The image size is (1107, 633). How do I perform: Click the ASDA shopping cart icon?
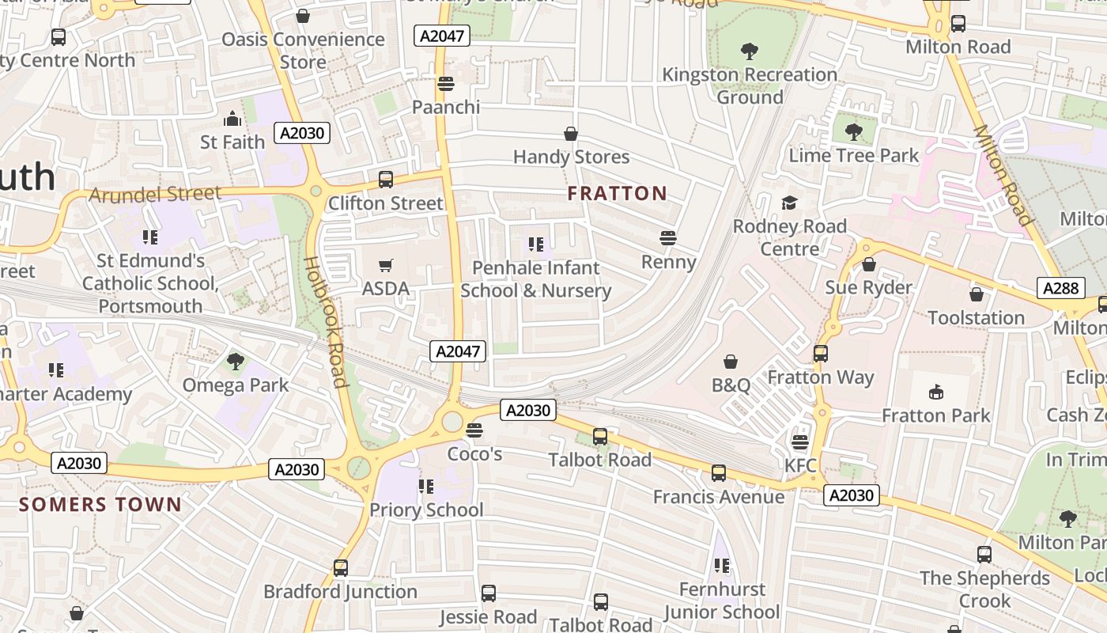click(x=386, y=266)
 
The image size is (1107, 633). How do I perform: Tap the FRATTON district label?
click(x=618, y=193)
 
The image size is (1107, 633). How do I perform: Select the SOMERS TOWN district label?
click(x=100, y=504)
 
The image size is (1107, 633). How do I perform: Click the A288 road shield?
click(x=1060, y=288)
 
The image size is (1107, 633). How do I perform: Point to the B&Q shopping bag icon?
click(x=731, y=362)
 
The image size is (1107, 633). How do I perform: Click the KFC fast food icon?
click(x=800, y=442)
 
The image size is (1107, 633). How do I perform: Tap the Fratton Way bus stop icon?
click(x=821, y=354)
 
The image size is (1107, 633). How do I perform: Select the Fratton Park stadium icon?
click(x=936, y=392)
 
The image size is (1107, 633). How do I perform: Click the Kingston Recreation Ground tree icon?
click(x=750, y=51)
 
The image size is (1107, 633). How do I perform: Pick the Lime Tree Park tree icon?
click(x=853, y=131)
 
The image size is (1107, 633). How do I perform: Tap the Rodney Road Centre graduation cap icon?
click(x=789, y=203)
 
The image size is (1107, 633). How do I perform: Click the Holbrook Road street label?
click(x=327, y=321)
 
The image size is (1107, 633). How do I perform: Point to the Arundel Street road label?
click(x=155, y=194)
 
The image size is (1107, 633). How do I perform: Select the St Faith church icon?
click(x=232, y=119)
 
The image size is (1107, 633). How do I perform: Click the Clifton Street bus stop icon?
click(x=386, y=180)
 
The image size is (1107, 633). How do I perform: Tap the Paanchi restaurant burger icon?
click(x=445, y=83)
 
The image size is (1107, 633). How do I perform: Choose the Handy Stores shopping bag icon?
click(x=571, y=134)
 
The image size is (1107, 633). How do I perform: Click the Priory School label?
click(x=426, y=510)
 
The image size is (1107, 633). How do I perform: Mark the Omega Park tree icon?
click(x=235, y=362)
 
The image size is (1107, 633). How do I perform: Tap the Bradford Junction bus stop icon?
click(x=341, y=568)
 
